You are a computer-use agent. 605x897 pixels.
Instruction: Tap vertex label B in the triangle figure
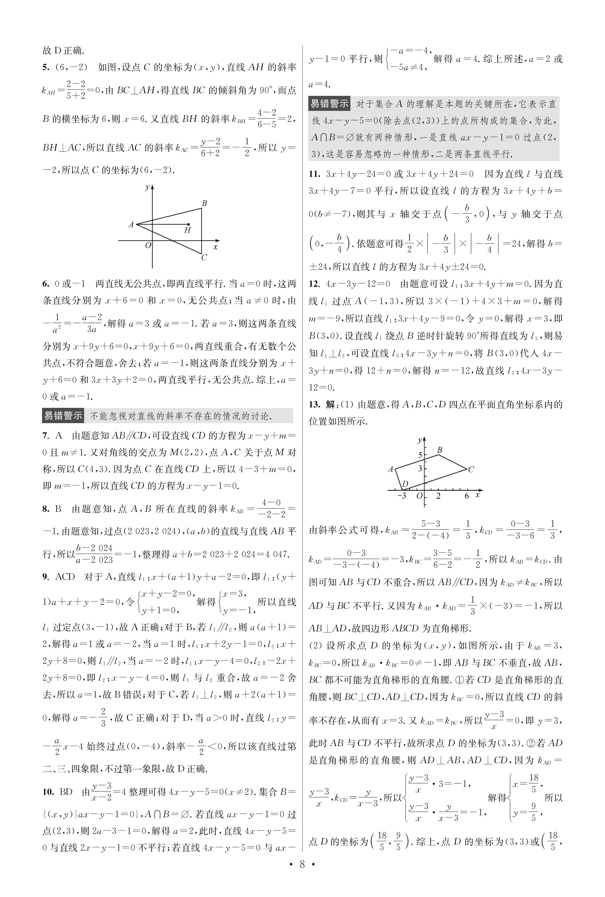[204, 203]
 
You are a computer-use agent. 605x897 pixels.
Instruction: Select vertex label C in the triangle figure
[204, 257]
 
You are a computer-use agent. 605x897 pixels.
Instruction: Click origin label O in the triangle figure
[148, 245]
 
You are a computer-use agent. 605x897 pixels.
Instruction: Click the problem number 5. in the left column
[46, 68]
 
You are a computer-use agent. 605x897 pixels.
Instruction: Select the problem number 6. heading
[46, 284]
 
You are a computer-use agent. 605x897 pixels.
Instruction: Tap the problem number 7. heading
[46, 436]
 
